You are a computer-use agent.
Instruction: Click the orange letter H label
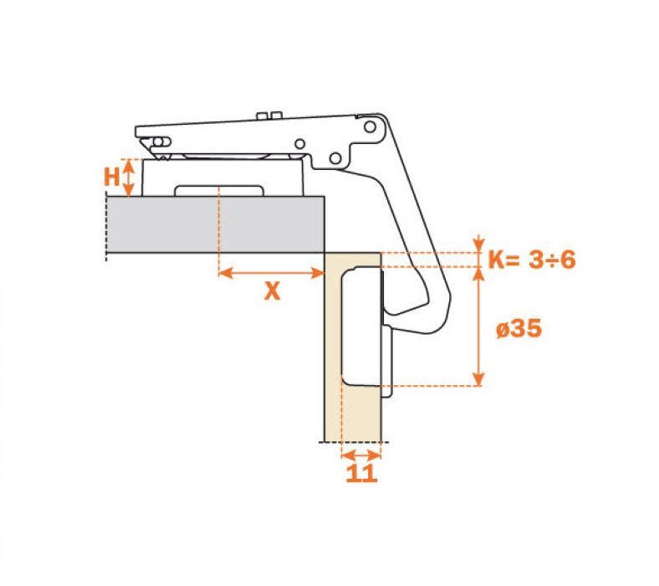(x=112, y=177)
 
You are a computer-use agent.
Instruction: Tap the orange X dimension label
(x=273, y=290)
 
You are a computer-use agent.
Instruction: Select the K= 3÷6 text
(x=532, y=260)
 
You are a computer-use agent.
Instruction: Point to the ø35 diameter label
(x=519, y=328)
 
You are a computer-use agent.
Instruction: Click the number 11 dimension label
(x=361, y=473)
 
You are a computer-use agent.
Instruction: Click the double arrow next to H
(x=129, y=177)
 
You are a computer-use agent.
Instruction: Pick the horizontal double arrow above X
(x=272, y=273)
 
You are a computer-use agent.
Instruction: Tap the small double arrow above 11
(x=361, y=455)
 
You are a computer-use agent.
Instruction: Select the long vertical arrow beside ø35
(x=478, y=326)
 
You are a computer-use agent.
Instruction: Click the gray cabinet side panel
(x=215, y=224)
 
